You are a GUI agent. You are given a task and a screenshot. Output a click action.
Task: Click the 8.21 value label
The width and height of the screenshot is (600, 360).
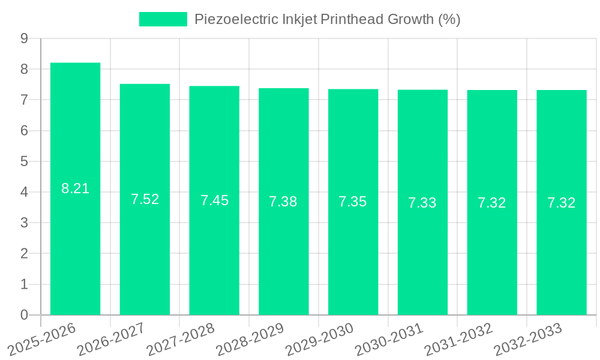76,188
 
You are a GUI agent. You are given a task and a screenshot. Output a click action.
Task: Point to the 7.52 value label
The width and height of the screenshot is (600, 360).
145,199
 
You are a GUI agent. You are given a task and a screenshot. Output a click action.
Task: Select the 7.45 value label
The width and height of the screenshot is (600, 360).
214,200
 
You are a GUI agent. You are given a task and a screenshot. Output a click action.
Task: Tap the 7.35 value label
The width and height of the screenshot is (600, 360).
353,202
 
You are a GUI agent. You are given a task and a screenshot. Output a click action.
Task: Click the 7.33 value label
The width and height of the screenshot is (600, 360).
422,203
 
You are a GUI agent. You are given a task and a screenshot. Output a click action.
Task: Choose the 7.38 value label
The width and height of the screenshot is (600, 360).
283,202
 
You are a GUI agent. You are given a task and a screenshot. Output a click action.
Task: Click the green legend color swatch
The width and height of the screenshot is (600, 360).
163,19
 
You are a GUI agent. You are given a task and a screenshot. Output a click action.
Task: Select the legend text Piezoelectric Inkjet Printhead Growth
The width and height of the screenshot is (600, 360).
327,19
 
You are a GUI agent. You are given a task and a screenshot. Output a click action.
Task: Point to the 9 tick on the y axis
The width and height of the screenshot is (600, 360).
24,38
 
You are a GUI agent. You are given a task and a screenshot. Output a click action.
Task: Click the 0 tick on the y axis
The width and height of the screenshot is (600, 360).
24,315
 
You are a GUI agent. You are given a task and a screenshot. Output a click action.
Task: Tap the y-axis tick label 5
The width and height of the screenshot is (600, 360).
24,161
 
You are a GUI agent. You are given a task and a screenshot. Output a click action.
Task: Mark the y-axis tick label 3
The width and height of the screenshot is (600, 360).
24,223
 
